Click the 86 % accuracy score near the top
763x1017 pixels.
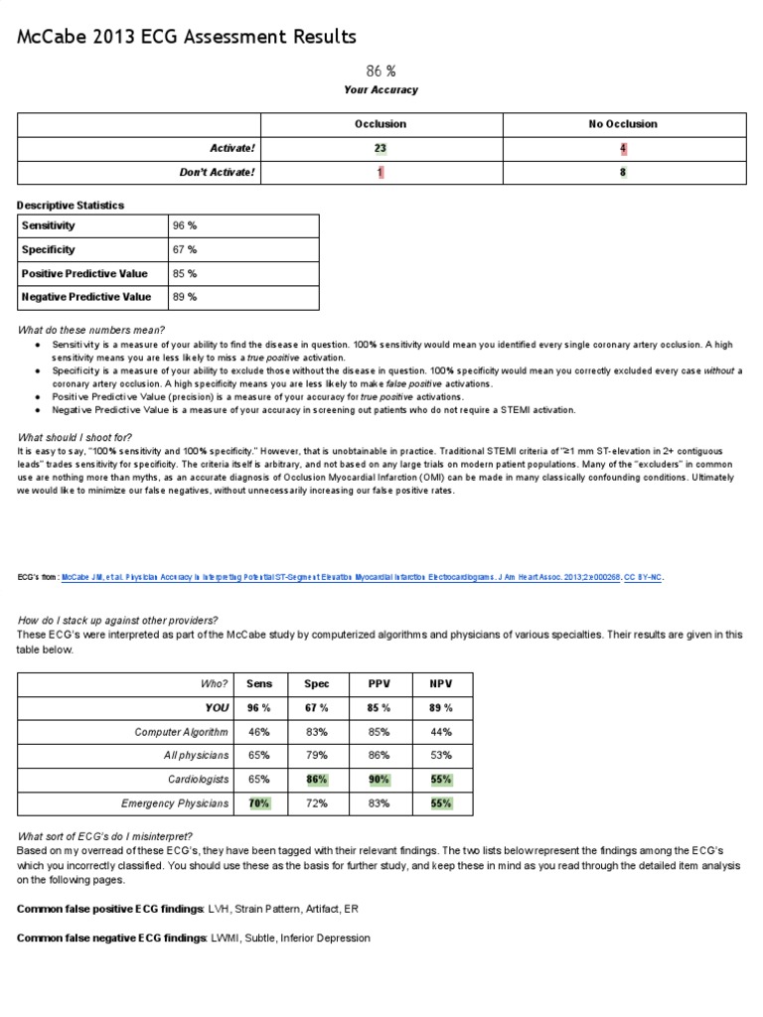[381, 71]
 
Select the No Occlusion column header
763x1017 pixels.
[623, 124]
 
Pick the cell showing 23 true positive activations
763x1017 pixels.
[381, 148]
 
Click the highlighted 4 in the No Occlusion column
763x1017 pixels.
[623, 148]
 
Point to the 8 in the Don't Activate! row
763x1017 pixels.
[623, 172]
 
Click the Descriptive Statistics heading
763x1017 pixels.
[71, 205]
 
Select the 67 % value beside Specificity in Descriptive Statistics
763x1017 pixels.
[185, 249]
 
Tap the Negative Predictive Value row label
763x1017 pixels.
[86, 296]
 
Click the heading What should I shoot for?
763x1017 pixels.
[75, 437]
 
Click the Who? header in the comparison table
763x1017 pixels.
[214, 684]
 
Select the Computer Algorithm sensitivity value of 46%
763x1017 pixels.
[258, 732]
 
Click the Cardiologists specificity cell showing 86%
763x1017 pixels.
[317, 780]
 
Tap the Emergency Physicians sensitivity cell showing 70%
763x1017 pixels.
[258, 803]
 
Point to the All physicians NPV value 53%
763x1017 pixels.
[440, 756]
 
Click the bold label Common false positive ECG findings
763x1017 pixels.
[109, 910]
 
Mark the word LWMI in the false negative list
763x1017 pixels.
[225, 938]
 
